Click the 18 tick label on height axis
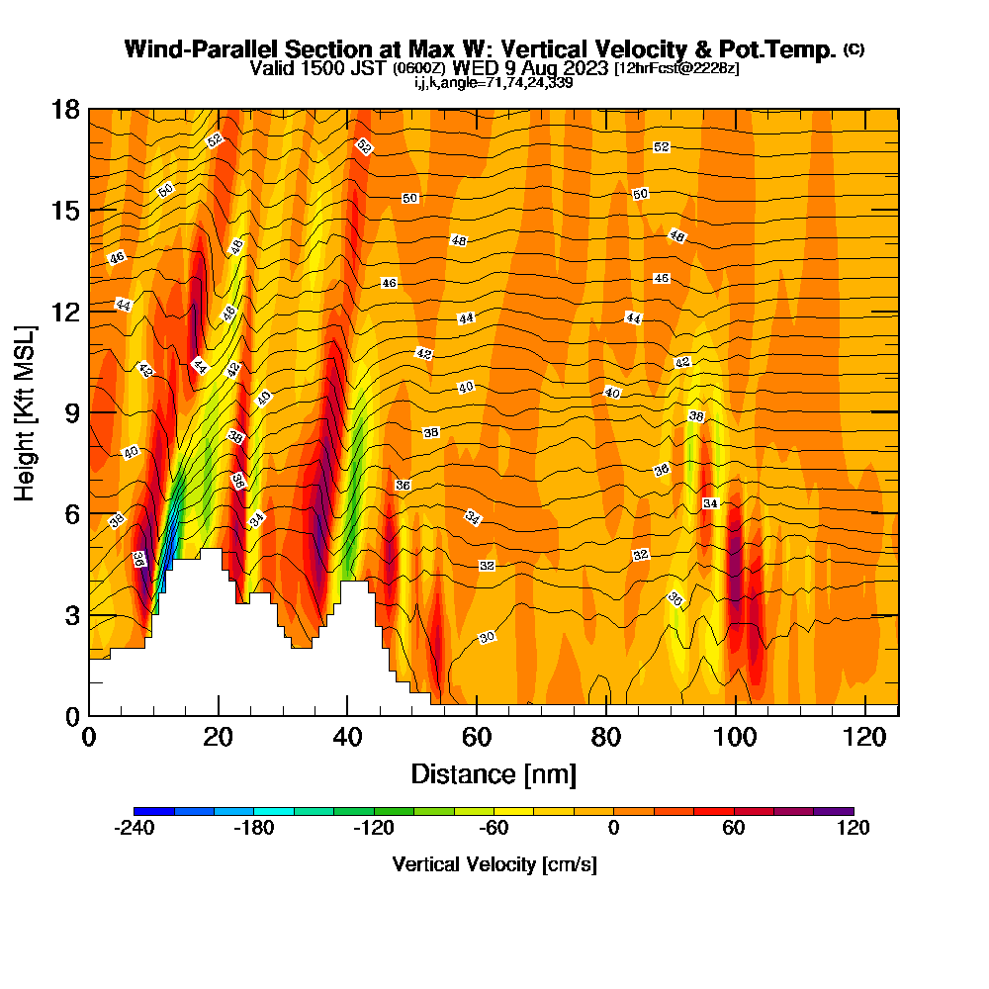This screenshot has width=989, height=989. click(x=65, y=109)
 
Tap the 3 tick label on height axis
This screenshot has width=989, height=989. click(x=70, y=615)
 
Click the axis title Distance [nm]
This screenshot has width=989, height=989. click(x=494, y=773)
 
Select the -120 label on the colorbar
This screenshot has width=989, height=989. click(x=373, y=829)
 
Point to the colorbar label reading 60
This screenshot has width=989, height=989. click(x=733, y=829)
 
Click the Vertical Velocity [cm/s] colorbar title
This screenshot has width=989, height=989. click(x=494, y=864)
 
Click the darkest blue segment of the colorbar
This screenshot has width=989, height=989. click(x=153, y=811)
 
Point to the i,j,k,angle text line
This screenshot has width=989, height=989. click(x=494, y=82)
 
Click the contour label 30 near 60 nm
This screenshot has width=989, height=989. click(x=487, y=638)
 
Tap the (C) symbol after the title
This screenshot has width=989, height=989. click(x=854, y=48)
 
